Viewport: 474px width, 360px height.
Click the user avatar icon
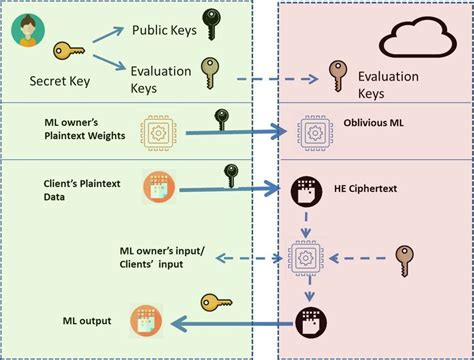coord(28,30)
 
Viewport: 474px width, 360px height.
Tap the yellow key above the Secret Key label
coord(69,51)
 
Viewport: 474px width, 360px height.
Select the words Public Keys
coord(164,30)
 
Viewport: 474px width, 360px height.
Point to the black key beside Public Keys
coord(212,24)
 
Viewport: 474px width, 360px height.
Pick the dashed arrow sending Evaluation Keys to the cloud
coord(277,79)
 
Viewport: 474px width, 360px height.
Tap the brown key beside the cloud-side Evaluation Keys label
coord(338,76)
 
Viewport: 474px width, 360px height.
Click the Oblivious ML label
coord(373,123)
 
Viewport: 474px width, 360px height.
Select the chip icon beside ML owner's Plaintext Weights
coord(158,133)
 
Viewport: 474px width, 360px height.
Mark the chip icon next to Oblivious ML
coord(315,133)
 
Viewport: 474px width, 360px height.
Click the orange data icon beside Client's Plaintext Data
coord(159,187)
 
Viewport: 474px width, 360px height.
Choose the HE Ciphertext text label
coord(365,189)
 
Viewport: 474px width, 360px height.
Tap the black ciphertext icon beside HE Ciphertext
coord(306,192)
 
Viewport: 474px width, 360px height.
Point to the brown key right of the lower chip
coord(405,261)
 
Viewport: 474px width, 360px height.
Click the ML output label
coord(87,321)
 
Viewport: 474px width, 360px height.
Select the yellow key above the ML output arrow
coord(216,303)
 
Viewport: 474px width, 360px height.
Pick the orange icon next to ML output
coord(146,321)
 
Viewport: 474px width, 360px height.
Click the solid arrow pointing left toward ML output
coord(232,324)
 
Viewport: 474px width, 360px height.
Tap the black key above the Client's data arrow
coord(231,176)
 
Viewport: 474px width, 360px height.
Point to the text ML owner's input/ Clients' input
coord(162,257)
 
